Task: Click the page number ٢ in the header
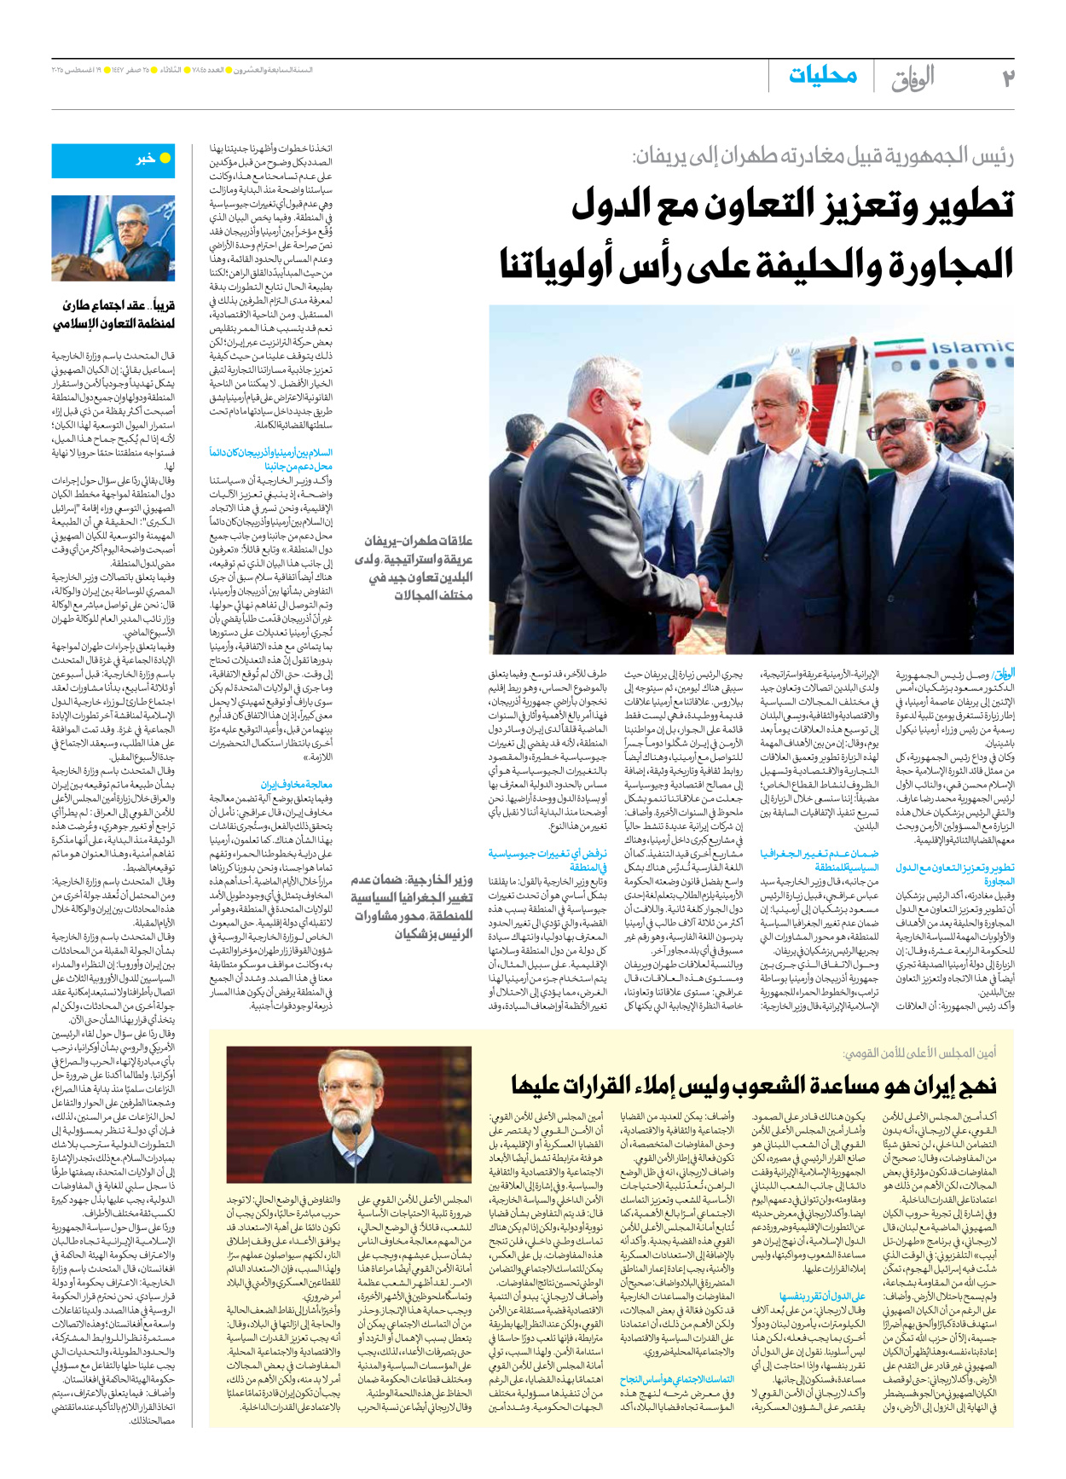coord(1008,78)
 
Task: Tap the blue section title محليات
coord(822,77)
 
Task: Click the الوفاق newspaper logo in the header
coord(912,78)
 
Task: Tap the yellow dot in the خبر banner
coord(165,158)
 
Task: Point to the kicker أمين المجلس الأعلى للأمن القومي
coord(919,1053)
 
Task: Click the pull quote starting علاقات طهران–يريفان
coord(414,567)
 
